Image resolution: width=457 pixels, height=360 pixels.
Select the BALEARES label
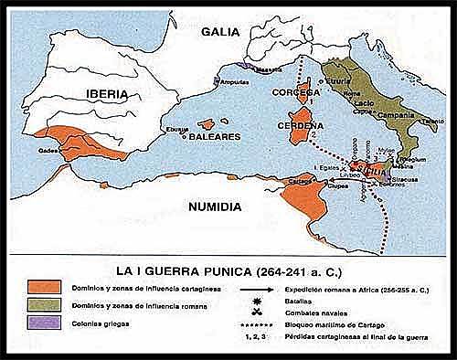[215, 136]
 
